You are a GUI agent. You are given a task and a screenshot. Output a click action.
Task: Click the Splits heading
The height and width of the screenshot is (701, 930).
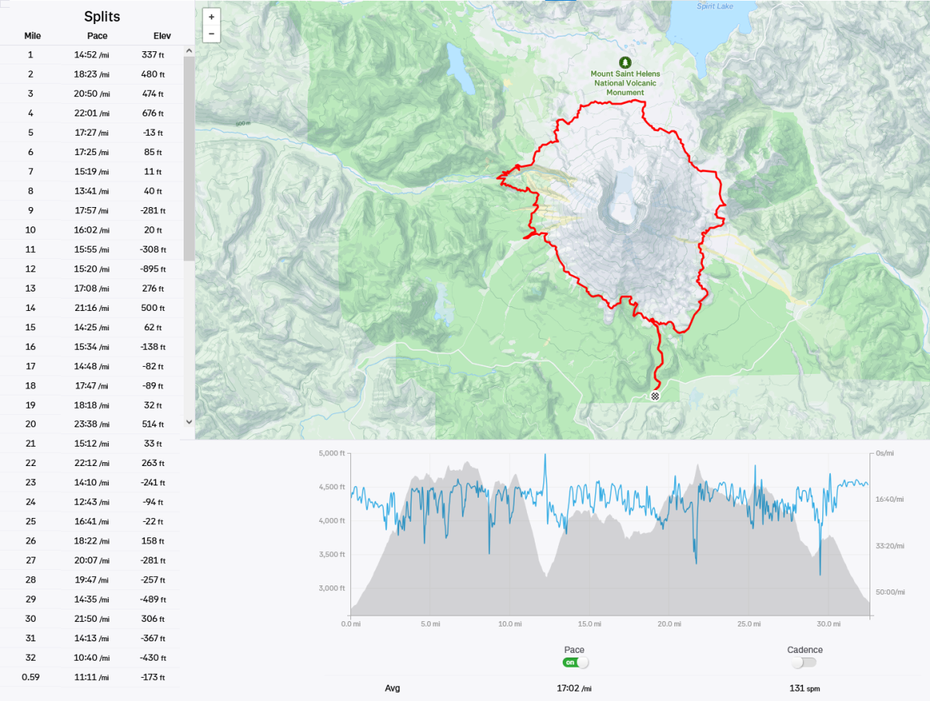102,16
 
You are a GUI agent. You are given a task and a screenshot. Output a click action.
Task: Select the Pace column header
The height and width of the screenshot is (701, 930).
97,36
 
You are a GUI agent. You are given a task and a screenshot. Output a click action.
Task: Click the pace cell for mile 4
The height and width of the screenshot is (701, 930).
97,113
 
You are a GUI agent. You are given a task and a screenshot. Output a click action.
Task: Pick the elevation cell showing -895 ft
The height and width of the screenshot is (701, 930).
153,269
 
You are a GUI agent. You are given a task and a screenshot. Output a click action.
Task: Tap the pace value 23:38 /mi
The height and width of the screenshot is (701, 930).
97,424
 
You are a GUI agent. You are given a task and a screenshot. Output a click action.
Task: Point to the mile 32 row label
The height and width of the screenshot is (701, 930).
30,658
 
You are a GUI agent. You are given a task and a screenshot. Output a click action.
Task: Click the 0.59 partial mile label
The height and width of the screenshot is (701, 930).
30,677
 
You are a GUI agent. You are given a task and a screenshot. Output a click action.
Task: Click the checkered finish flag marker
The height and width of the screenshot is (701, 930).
655,396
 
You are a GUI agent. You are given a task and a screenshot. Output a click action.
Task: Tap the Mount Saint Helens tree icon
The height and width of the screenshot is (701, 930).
625,62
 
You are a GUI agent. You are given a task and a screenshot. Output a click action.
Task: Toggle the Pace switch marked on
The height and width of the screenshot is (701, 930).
576,662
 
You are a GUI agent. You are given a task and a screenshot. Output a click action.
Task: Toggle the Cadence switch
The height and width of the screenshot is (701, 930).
804,662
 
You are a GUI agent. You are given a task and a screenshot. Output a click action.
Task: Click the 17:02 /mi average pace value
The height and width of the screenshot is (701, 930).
574,688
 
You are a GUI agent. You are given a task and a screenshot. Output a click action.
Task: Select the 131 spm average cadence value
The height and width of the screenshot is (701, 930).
804,688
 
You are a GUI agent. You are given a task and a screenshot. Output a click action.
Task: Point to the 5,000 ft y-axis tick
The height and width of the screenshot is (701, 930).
332,453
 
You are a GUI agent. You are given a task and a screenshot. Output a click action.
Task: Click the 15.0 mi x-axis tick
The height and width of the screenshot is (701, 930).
590,623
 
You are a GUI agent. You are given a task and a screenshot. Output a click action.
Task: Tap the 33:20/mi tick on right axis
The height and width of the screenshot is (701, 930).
889,546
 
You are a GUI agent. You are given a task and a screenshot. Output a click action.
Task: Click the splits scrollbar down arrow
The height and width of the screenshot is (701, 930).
188,421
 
